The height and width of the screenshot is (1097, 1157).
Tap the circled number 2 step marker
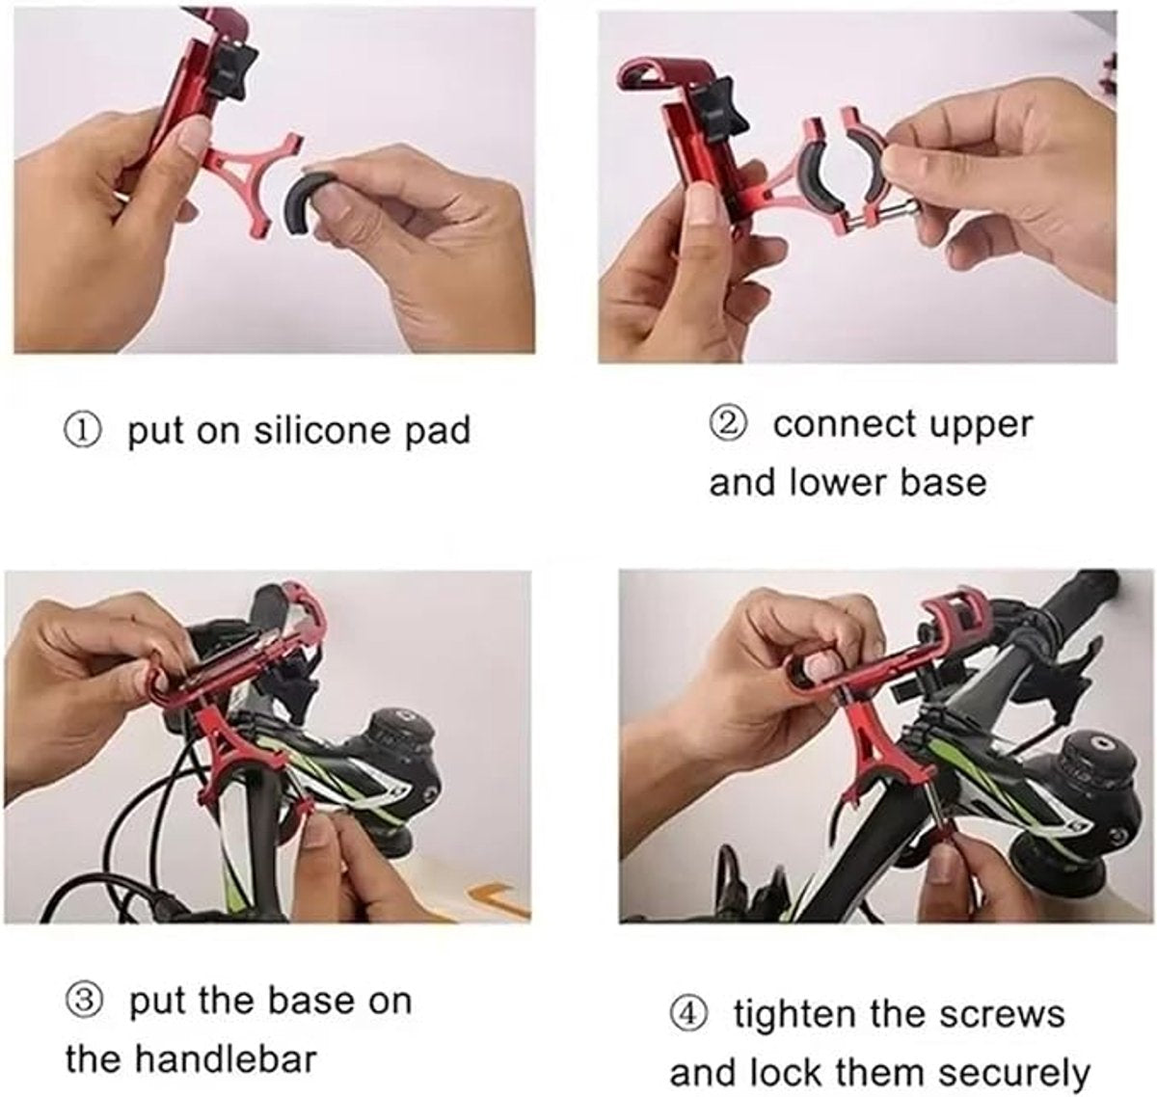(x=727, y=424)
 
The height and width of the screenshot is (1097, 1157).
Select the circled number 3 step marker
(x=84, y=1001)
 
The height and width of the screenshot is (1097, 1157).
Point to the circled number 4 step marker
(x=687, y=1014)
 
